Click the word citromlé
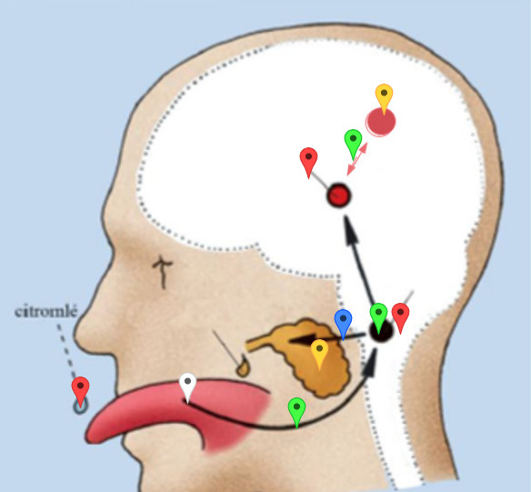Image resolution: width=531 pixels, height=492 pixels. [x=46, y=312]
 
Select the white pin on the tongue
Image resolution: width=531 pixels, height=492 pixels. [x=187, y=388]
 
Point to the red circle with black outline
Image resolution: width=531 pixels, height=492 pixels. [x=338, y=195]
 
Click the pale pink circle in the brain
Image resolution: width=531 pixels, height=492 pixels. [x=381, y=122]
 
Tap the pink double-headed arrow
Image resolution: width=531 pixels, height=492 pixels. [x=357, y=159]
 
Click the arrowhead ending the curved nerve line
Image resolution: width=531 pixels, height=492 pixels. [x=370, y=363]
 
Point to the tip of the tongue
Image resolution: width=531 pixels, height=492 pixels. [x=87, y=437]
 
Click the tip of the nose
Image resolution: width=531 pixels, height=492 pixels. [x=75, y=334]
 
